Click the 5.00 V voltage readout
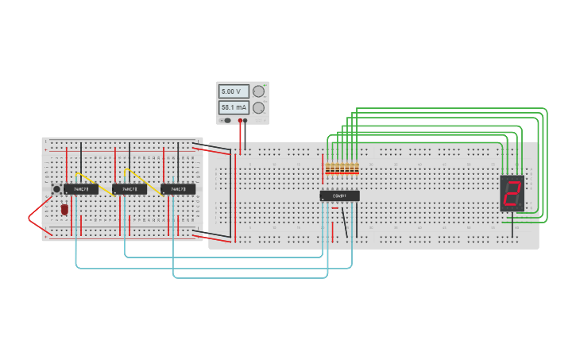click(x=234, y=91)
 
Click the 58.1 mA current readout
click(x=234, y=107)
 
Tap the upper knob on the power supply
click(x=258, y=91)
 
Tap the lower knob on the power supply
click(x=258, y=107)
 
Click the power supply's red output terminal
click(x=240, y=121)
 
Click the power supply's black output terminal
click(x=245, y=121)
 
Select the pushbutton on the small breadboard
click(x=56, y=189)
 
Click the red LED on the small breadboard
click(x=64, y=210)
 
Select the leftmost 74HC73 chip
click(x=81, y=189)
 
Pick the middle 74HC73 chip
click(x=130, y=189)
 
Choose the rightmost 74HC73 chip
click(x=178, y=189)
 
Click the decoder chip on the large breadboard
click(x=339, y=195)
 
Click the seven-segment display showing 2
click(x=512, y=192)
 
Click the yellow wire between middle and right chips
click(x=144, y=181)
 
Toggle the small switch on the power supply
click(x=227, y=121)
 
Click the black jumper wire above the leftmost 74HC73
click(x=81, y=162)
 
